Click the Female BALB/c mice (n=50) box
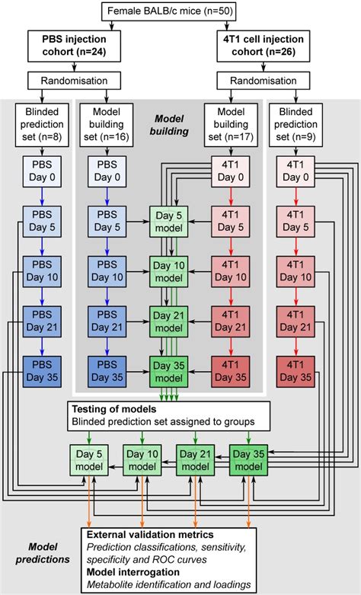tap(180, 11)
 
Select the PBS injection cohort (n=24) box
tap(69, 45)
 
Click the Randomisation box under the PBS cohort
tap(69, 80)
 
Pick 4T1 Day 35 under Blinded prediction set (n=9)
tap(294, 371)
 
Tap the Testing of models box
tap(170, 415)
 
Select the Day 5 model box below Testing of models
tap(91, 462)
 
